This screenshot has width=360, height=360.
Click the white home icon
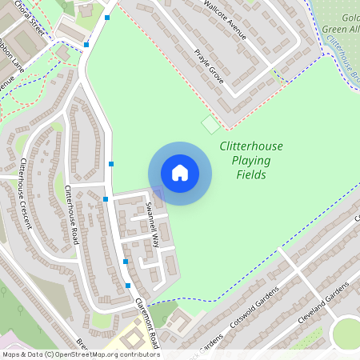click(x=180, y=173)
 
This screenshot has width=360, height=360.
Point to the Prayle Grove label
click(x=207, y=63)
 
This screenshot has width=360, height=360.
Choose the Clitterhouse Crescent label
click(x=23, y=192)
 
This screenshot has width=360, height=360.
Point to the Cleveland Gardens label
click(x=323, y=302)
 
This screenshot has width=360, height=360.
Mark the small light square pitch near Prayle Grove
click(x=210, y=125)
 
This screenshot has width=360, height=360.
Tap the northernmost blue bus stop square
click(x=106, y=16)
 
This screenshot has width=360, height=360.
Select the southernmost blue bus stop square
click(x=128, y=285)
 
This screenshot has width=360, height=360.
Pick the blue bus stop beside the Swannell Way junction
click(x=106, y=198)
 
